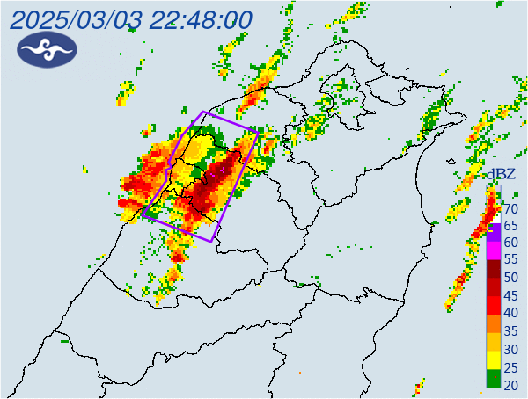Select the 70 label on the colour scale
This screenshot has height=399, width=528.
(x=510, y=209)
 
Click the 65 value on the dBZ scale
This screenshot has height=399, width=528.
(x=510, y=226)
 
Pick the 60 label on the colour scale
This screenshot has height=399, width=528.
(x=510, y=243)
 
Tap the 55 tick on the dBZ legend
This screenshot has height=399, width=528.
(x=510, y=261)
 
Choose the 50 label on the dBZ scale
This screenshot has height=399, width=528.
(x=510, y=278)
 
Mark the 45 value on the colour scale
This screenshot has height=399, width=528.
(x=510, y=295)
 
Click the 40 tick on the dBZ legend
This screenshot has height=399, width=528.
(x=510, y=313)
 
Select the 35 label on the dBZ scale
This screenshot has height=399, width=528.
(x=510, y=330)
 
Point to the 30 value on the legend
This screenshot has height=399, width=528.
(x=510, y=347)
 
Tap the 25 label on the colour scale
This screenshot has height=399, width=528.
(x=510, y=365)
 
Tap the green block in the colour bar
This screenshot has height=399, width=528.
(x=494, y=380)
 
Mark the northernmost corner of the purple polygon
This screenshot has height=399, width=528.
(x=204, y=112)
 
